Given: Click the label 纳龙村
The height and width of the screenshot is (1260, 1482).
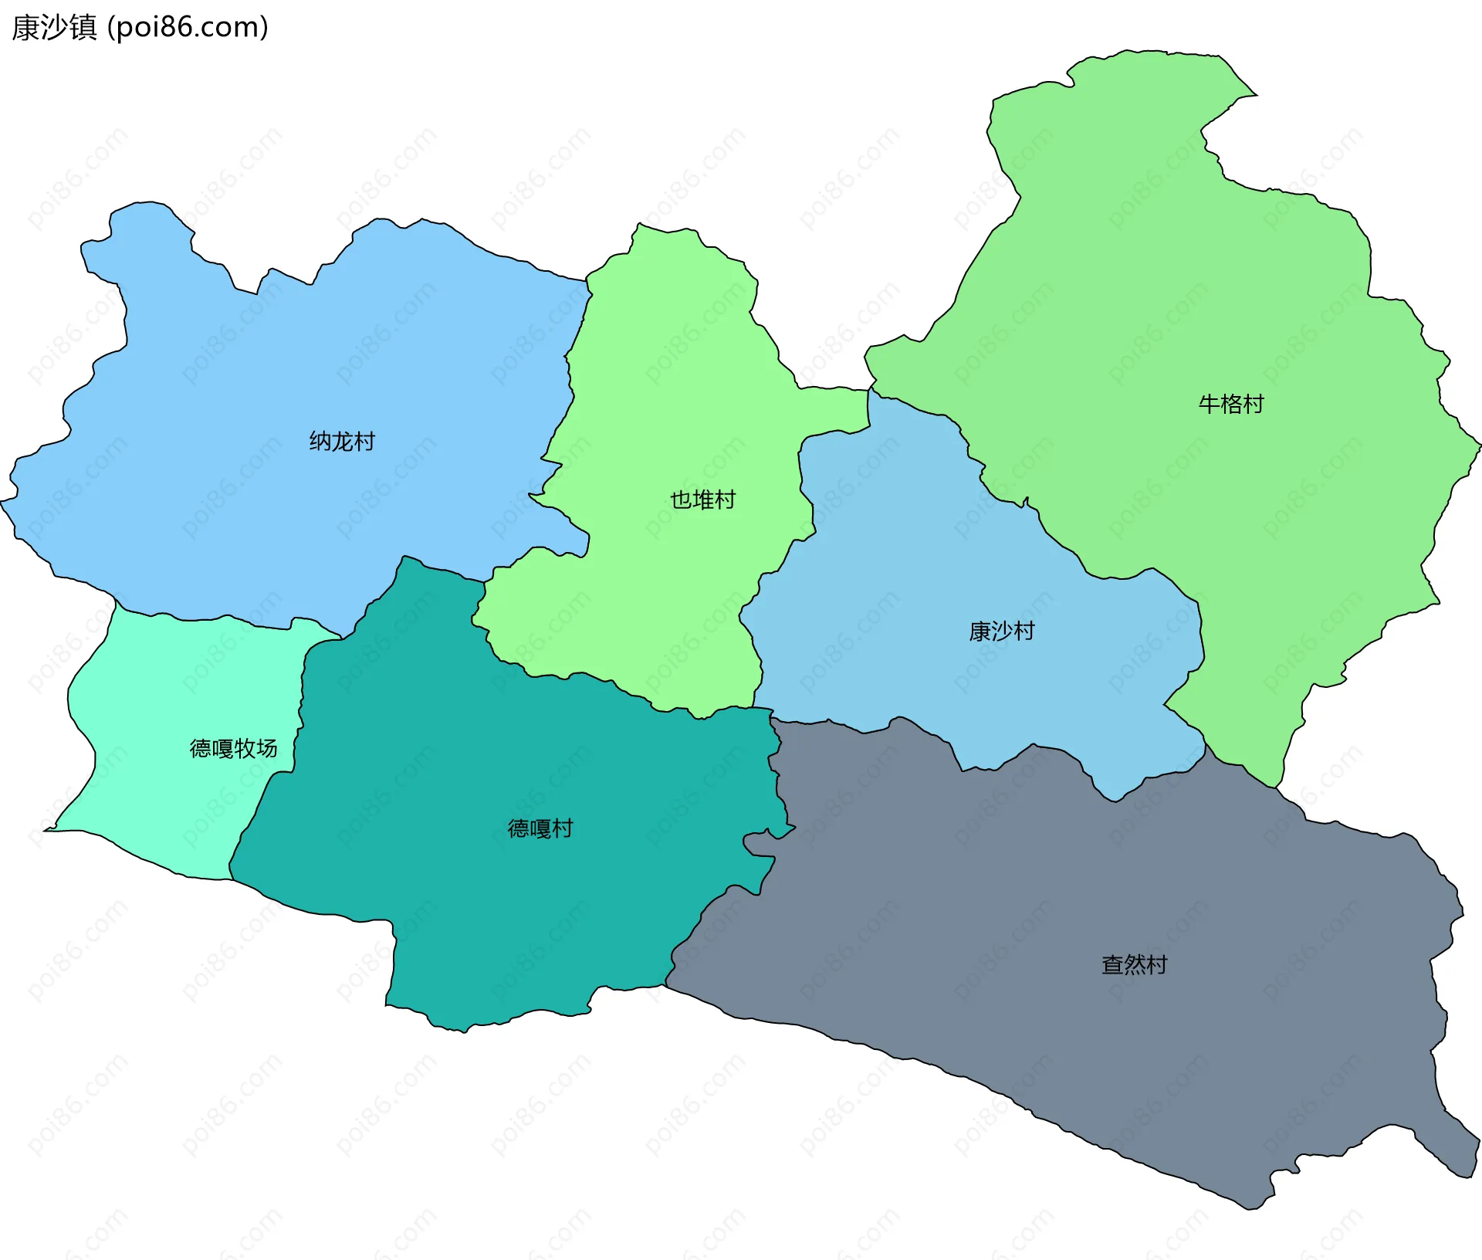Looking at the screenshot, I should click(342, 442).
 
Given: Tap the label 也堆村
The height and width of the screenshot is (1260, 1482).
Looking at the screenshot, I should click(702, 500).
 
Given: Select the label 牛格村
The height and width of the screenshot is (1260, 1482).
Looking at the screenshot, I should click(1231, 404).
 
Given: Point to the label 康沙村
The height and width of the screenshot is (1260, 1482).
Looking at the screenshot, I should click(1001, 632).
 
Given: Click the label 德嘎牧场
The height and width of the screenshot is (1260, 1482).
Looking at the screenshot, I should click(233, 748).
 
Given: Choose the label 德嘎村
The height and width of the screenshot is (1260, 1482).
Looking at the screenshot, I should click(540, 828).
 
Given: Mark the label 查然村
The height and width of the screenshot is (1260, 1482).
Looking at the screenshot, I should click(1134, 964).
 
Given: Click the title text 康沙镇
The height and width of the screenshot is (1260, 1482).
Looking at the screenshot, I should click(54, 28).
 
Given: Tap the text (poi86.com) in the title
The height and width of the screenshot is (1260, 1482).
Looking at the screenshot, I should click(188, 28).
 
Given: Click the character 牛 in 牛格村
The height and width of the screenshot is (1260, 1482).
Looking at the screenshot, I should click(1210, 404).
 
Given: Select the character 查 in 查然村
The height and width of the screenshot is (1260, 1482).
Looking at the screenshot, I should click(1112, 964).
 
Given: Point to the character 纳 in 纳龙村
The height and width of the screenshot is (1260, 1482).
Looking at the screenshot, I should click(320, 442).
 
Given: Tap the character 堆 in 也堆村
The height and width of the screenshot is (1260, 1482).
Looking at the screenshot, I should click(702, 500).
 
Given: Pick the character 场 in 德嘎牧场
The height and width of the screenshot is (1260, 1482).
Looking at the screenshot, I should click(266, 748).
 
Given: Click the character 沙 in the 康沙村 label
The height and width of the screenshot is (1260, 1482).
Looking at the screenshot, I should click(1001, 632).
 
